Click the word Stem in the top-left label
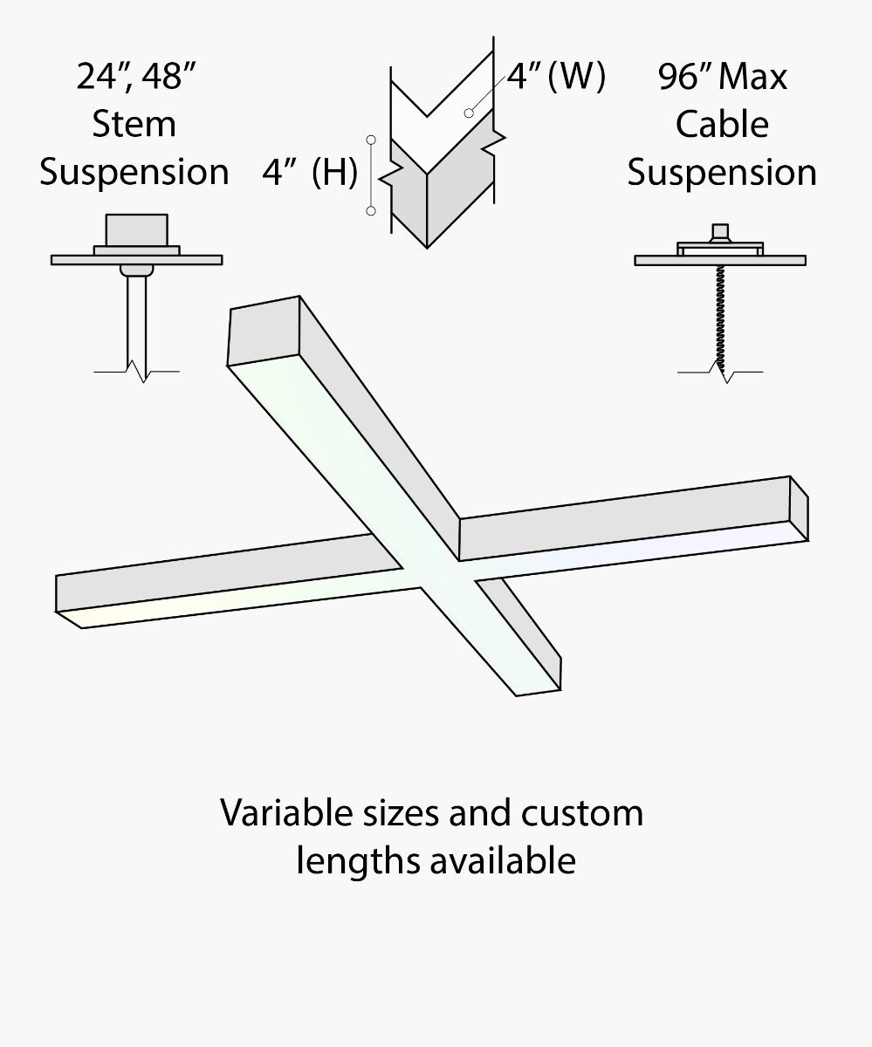pos(134,124)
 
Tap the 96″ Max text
pos(722,77)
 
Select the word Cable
pos(722,124)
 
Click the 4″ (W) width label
pos(556,77)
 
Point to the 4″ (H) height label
pos(310,173)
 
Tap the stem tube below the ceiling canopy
pos(136,319)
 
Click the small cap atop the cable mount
pos(720,232)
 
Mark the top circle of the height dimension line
pos(371,139)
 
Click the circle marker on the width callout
pos(470,113)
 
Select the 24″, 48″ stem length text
pos(134,77)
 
